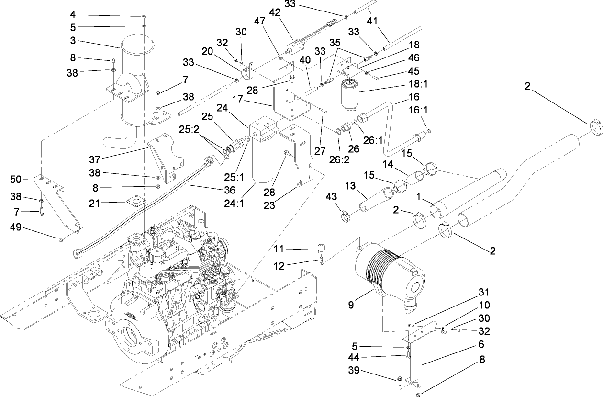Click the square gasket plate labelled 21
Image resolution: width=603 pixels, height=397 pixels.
[137, 203]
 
